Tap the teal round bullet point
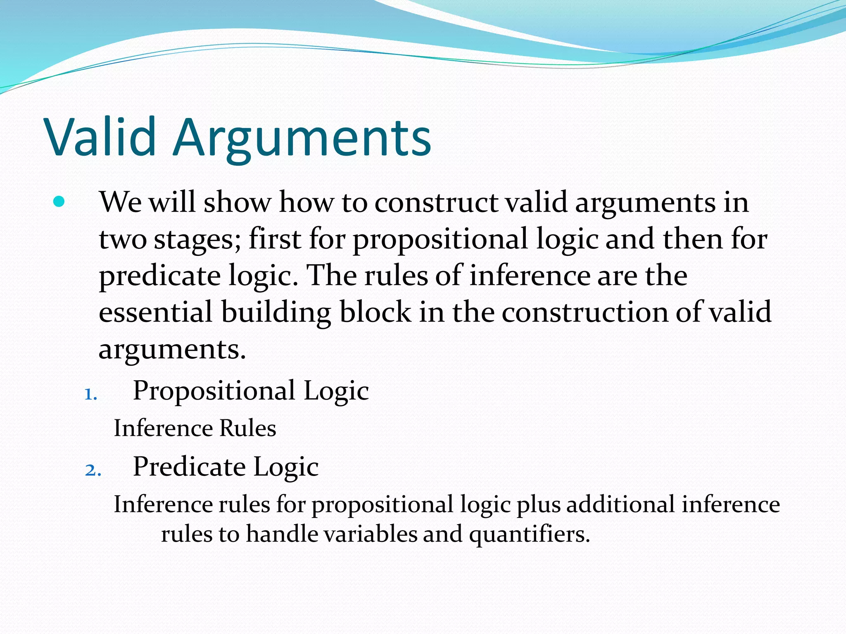click(59, 202)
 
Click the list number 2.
click(93, 470)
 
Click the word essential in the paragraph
click(156, 312)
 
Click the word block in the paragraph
click(375, 312)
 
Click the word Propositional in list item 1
click(214, 390)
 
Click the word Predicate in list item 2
click(189, 467)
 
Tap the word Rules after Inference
click(247, 428)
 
